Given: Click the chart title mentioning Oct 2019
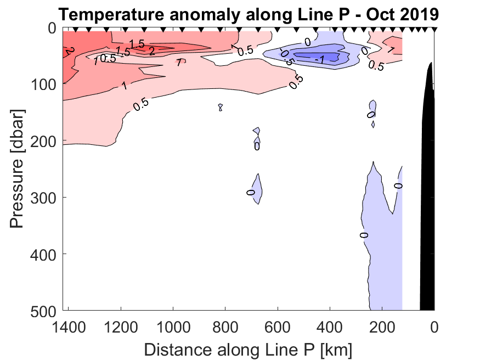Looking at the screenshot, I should pyautogui.click(x=249, y=13).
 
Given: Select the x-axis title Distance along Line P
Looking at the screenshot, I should pyautogui.click(x=248, y=348).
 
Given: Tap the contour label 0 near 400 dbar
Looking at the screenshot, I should pyautogui.click(x=364, y=235).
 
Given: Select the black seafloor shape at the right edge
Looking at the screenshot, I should pyautogui.click(x=427, y=192).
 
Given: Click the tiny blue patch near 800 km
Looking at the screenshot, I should pyautogui.click(x=221, y=107).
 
